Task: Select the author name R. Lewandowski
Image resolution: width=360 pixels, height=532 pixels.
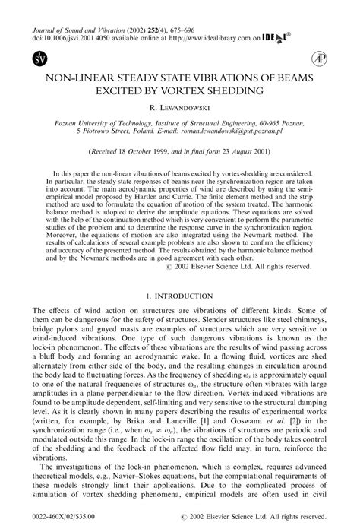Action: click(180, 109)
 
